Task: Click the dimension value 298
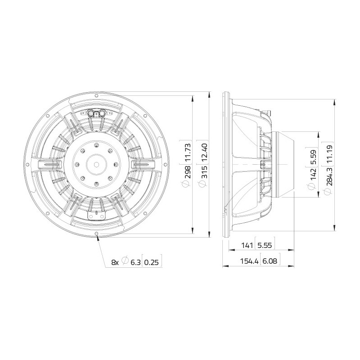[x=187, y=172]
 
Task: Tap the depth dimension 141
[x=247, y=245]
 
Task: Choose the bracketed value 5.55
[x=265, y=245]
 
